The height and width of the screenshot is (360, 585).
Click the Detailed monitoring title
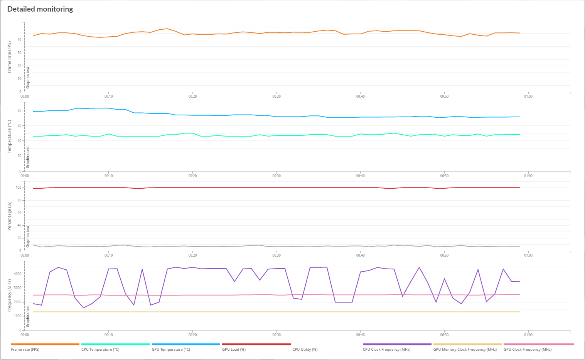[40, 9]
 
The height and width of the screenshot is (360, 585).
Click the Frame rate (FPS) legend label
[25, 350]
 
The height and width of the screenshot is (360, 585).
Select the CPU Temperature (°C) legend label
[100, 350]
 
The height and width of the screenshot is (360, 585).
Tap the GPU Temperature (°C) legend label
[171, 350]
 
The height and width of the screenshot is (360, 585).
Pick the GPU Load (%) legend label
[234, 350]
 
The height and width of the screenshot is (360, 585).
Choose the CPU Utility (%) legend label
[305, 350]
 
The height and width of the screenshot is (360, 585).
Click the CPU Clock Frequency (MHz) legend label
[386, 350]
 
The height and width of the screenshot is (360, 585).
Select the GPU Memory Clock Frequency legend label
[465, 350]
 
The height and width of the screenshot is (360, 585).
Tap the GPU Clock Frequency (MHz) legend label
[528, 350]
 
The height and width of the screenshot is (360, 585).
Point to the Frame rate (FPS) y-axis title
[10, 57]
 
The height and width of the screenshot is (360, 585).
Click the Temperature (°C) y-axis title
[10, 137]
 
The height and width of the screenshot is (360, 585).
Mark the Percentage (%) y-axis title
[10, 216]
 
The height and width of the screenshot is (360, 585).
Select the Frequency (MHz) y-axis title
[10, 296]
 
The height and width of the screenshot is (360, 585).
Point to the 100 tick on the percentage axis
[18, 188]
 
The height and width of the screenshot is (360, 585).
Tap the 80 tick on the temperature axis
[19, 110]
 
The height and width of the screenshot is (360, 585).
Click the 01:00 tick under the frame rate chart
[528, 96]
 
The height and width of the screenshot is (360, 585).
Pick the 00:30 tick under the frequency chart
[276, 335]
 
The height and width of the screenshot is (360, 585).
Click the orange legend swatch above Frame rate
[45, 344]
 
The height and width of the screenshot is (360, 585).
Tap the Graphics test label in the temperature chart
[28, 157]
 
